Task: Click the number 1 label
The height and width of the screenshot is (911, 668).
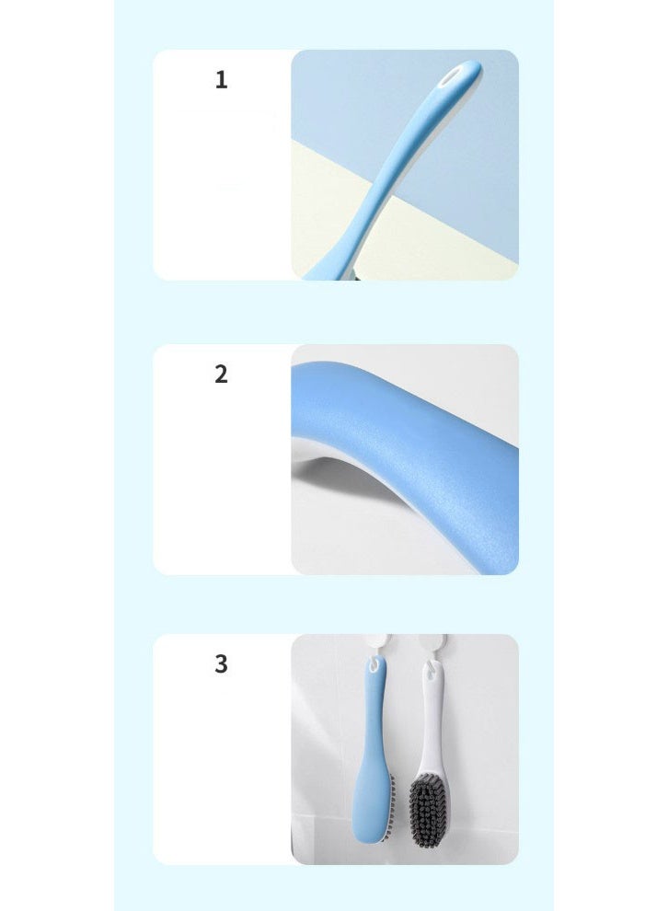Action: pyautogui.click(x=221, y=80)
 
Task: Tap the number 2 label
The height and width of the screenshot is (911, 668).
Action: pyautogui.click(x=221, y=375)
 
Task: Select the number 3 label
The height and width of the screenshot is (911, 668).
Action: pyautogui.click(x=221, y=663)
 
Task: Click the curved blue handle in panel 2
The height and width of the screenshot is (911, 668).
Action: pyautogui.click(x=405, y=414)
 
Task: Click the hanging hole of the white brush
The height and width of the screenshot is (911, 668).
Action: pyautogui.click(x=429, y=677)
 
